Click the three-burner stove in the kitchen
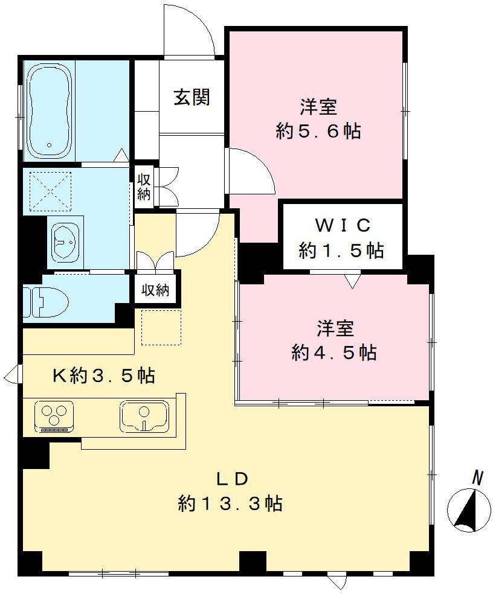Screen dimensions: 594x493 [54, 416]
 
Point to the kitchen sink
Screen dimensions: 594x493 [144, 415]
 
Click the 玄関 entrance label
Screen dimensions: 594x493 [192, 97]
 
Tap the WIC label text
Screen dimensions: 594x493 [341, 225]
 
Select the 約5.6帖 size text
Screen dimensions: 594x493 [318, 132]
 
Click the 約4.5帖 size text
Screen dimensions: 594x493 [333, 352]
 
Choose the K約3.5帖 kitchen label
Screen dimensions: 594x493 [103, 376]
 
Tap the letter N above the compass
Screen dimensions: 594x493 [477, 479]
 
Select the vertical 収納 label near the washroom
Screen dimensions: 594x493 [143, 187]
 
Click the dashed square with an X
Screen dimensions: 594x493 [51, 191]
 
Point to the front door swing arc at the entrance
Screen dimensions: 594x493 [192, 33]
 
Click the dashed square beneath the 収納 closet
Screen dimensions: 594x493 [161, 326]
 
